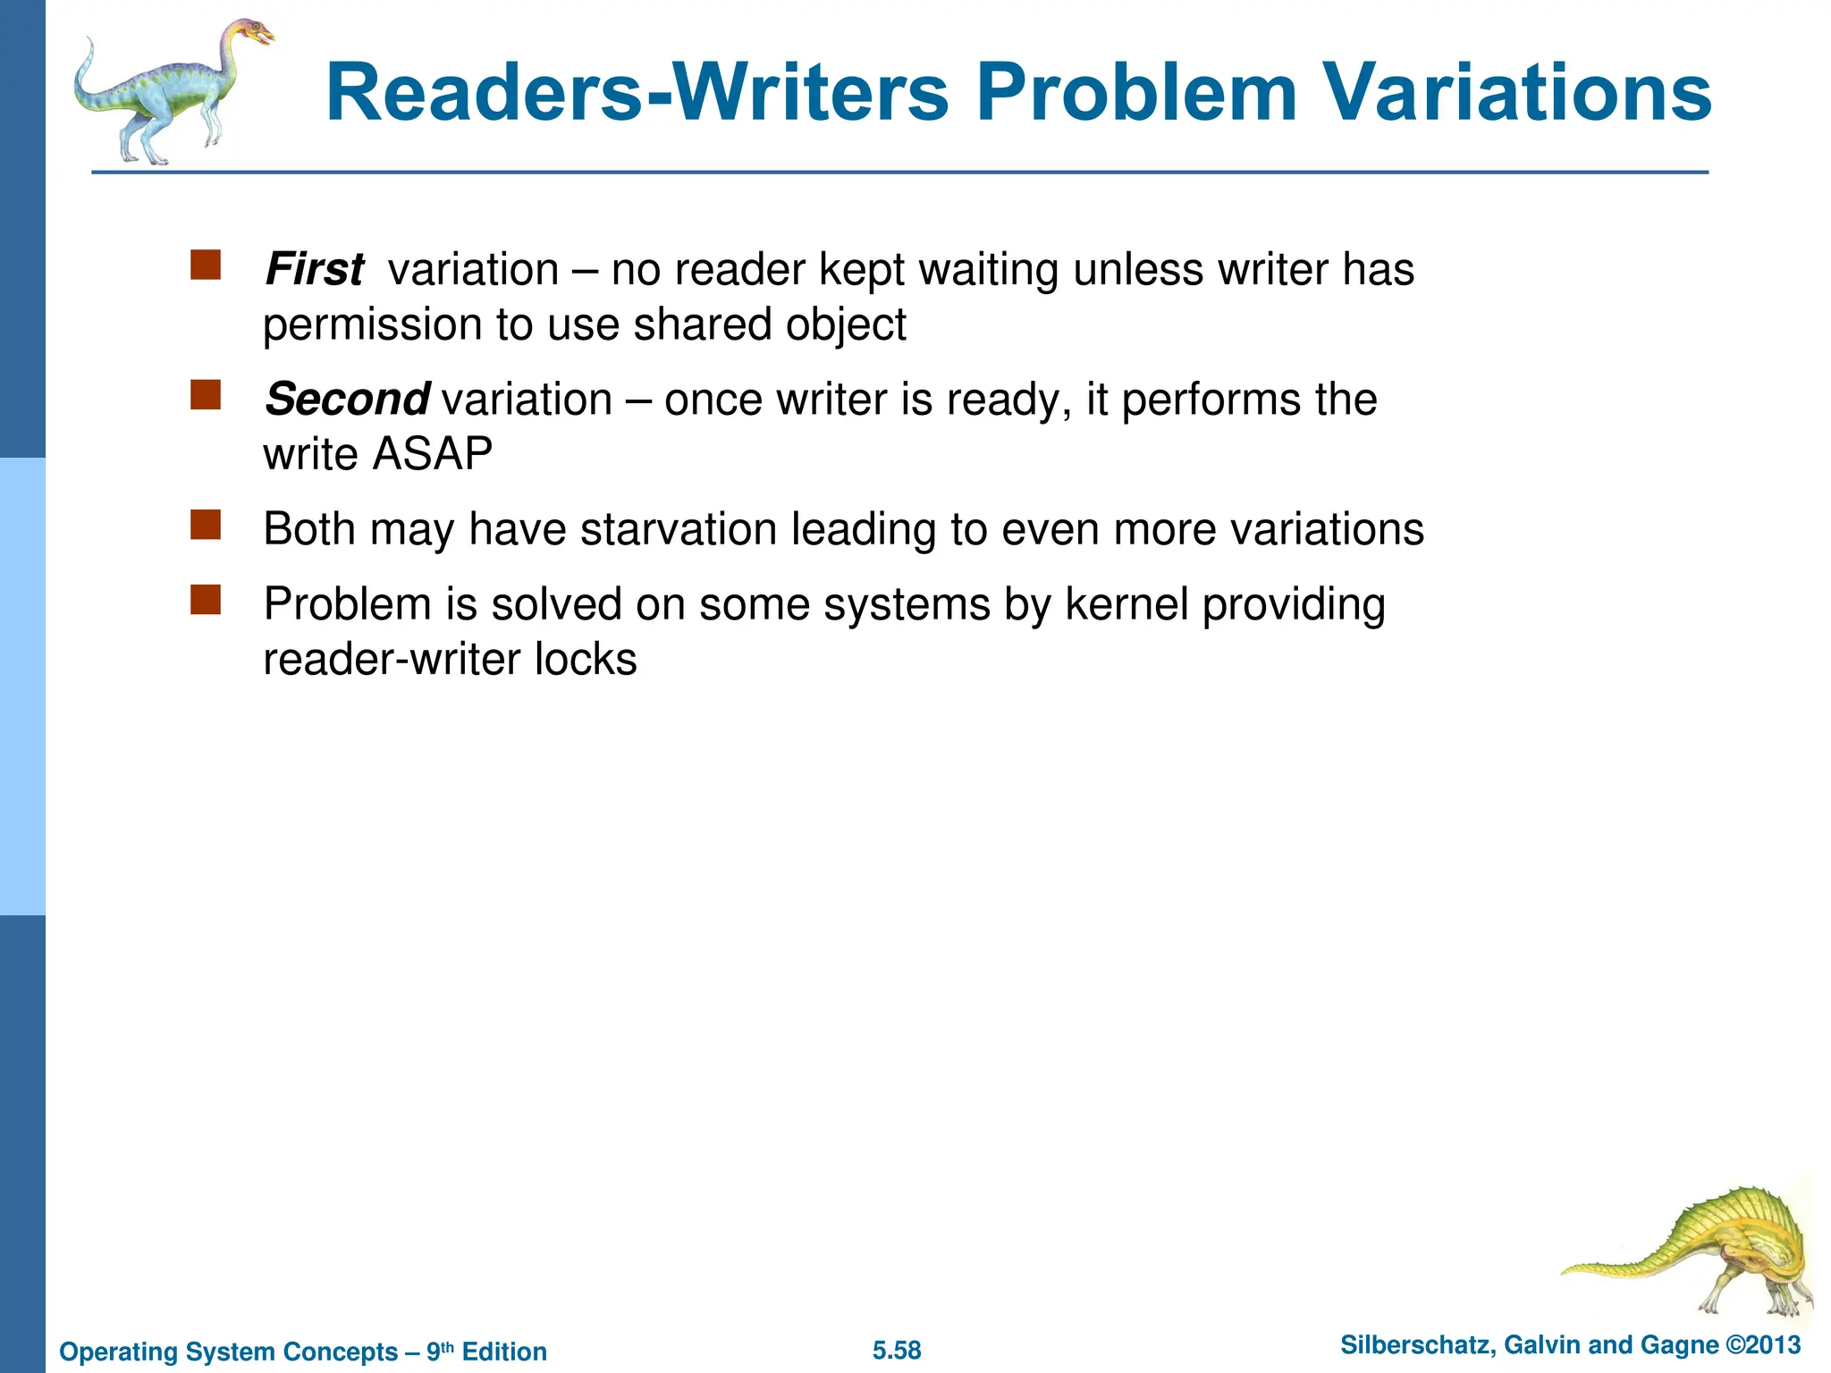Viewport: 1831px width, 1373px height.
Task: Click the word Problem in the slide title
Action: pos(1135,93)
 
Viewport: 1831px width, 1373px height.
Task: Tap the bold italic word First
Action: pos(315,269)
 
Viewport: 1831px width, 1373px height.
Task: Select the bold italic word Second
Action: pos(348,399)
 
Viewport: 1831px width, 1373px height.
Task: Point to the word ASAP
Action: pos(433,454)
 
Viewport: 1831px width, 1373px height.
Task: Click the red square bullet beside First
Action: pos(206,265)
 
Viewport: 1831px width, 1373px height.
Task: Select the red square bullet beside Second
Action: pos(206,395)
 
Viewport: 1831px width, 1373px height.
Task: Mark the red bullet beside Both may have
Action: pos(206,525)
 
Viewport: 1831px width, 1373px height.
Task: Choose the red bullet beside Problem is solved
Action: pos(206,600)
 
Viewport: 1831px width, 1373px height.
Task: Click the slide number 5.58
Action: pos(897,1350)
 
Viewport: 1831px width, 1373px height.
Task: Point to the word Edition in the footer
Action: pos(504,1352)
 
